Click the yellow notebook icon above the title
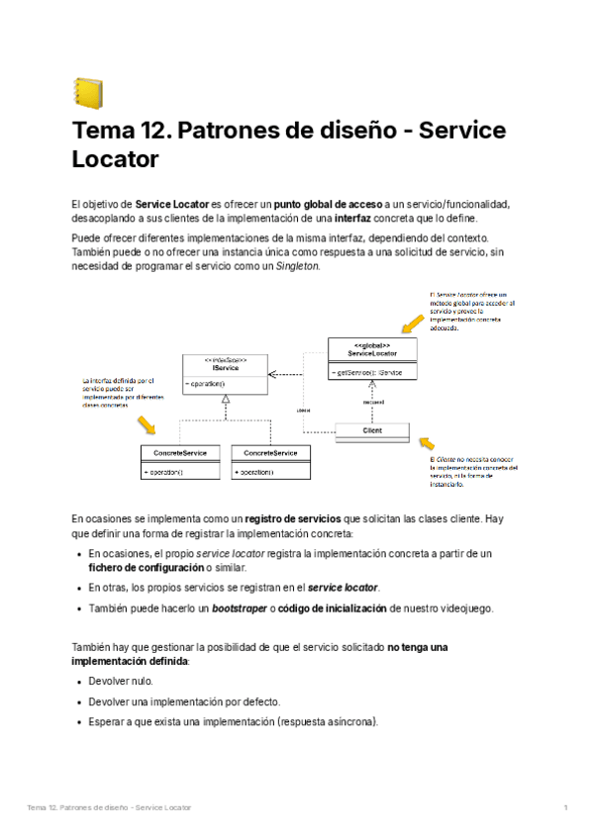pyautogui.click(x=88, y=92)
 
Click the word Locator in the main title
pyautogui.click(x=116, y=158)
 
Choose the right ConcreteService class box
pyautogui.click(x=270, y=461)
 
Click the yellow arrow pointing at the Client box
pyautogui.click(x=426, y=442)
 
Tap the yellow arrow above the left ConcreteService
pyautogui.click(x=148, y=425)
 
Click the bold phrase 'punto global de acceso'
pyautogui.click(x=324, y=204)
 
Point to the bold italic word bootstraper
pyautogui.click(x=239, y=607)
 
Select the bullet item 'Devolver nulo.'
pyautogui.click(x=121, y=682)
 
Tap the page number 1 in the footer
pyautogui.click(x=565, y=808)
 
